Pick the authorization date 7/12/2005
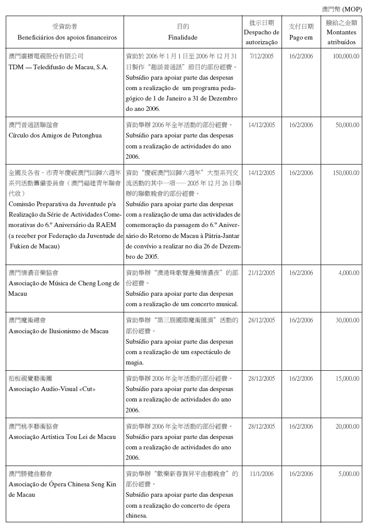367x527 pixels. coord(262,56)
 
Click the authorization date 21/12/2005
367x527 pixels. coord(262,273)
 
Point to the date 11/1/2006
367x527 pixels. coord(262,474)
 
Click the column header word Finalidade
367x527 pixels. coord(182,37)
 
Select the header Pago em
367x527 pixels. coord(301,37)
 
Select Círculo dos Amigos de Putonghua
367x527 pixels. coord(55,135)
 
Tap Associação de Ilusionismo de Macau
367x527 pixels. coord(59,331)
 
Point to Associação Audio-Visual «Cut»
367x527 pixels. coord(52,389)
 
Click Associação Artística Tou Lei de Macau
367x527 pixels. coord(63,437)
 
